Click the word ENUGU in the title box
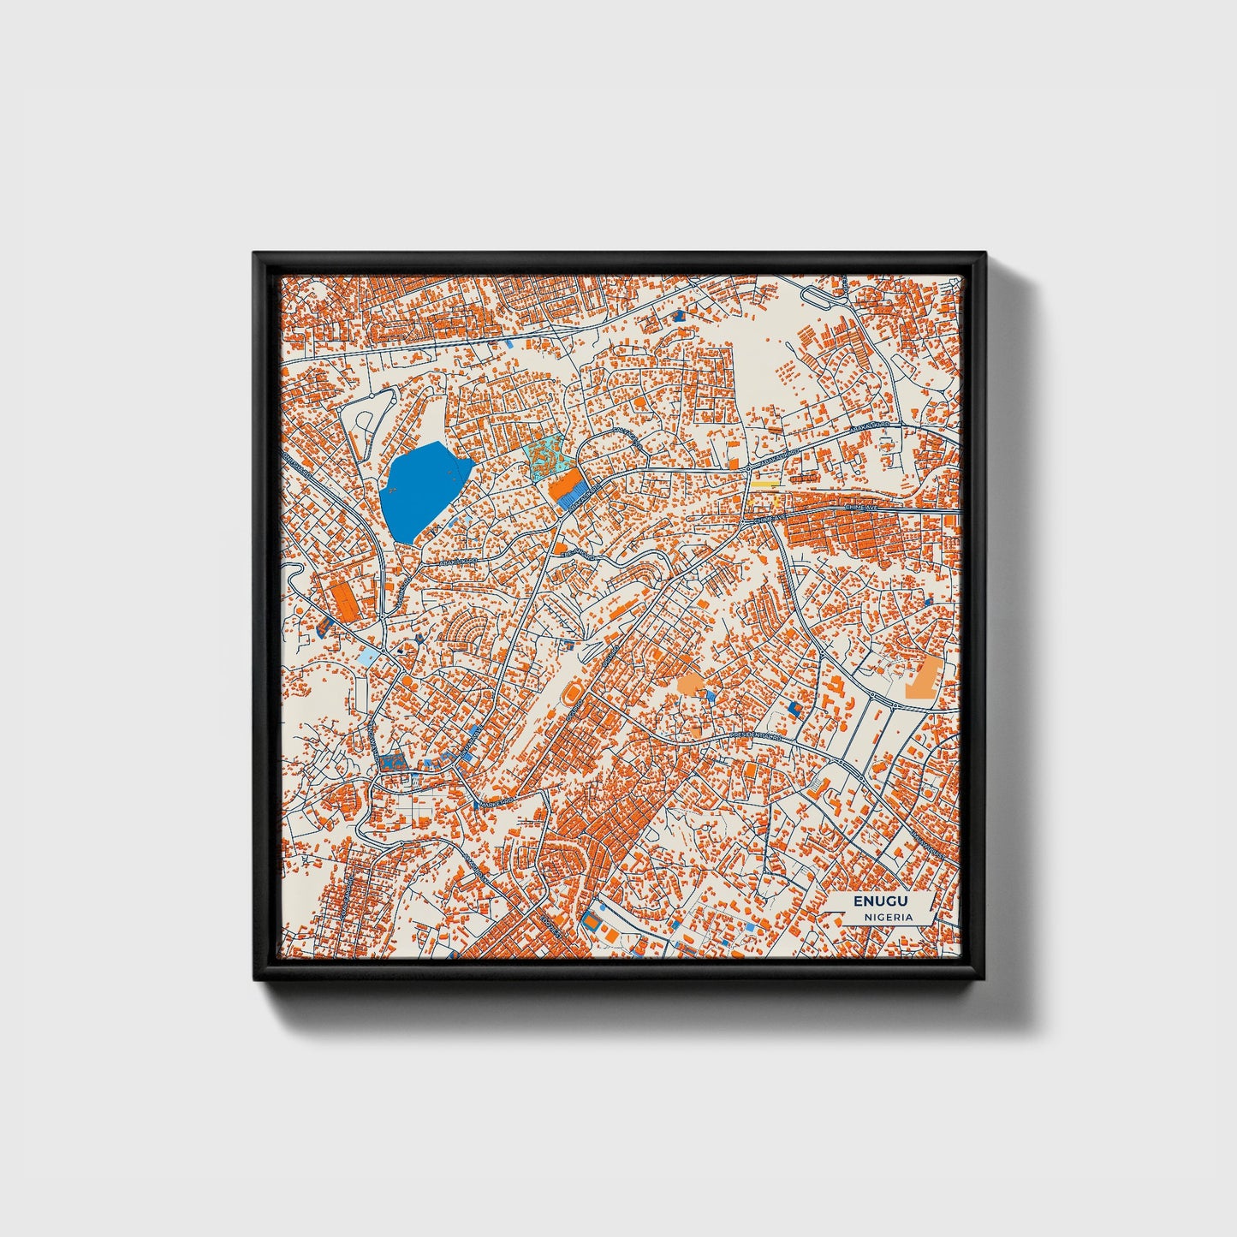tap(880, 901)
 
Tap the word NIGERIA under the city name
tap(888, 917)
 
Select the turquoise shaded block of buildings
tap(546, 454)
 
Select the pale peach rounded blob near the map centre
tap(691, 683)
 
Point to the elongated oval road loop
tap(820, 296)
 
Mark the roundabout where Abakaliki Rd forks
tap(746, 469)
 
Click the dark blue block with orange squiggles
tap(393, 759)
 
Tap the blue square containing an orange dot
tap(794, 709)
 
